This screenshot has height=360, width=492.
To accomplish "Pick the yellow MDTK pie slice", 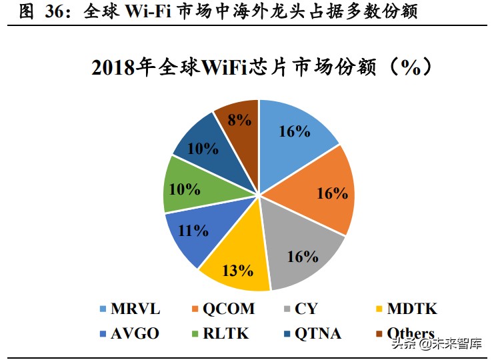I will click(x=237, y=267).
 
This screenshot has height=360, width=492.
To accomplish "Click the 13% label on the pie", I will click(x=237, y=271).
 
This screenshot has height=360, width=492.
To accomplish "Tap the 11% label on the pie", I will click(x=194, y=231).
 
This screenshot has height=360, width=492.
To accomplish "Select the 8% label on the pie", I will click(x=240, y=120).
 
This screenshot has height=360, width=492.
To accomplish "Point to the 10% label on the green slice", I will click(x=185, y=189).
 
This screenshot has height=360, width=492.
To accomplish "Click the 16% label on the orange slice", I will click(x=331, y=193).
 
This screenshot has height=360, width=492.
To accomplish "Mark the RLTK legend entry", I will click(x=223, y=333).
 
